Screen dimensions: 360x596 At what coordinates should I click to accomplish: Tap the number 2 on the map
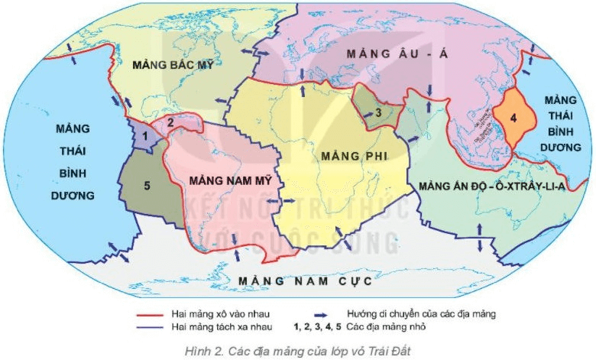[x=171, y=122]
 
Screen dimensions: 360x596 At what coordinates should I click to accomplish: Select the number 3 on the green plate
[x=377, y=114]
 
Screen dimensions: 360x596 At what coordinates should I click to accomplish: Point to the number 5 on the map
[x=147, y=184]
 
